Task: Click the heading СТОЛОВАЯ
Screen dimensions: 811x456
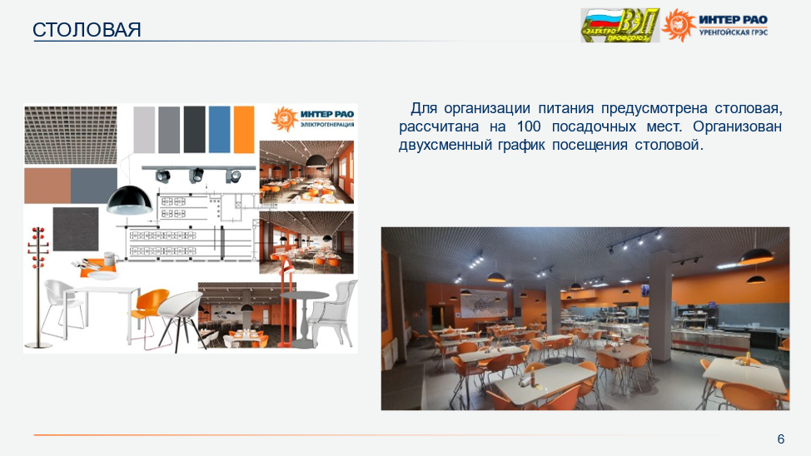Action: pyautogui.click(x=87, y=29)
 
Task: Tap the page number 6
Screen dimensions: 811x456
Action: pyautogui.click(x=781, y=439)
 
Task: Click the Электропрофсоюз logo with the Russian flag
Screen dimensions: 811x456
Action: pyautogui.click(x=619, y=25)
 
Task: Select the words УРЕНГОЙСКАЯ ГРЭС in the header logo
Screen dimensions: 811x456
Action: pyautogui.click(x=733, y=32)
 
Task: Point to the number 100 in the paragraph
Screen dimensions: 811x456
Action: pyautogui.click(x=529, y=126)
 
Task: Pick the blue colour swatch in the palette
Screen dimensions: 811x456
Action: pyautogui.click(x=219, y=129)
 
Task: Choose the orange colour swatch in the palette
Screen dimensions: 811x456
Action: pyautogui.click(x=244, y=129)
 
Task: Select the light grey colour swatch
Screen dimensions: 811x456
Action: pyautogui.click(x=144, y=129)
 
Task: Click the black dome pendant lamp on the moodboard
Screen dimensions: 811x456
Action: pyautogui.click(x=129, y=200)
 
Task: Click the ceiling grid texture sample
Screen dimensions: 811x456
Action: pyautogui.click(x=70, y=135)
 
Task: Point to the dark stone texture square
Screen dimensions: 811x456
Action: pyautogui.click(x=76, y=229)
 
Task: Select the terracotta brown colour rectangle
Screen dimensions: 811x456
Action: pyautogui.click(x=47, y=186)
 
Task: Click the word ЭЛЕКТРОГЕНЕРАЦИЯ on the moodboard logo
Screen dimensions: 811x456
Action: pyautogui.click(x=327, y=125)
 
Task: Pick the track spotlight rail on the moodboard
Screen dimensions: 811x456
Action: pyautogui.click(x=199, y=173)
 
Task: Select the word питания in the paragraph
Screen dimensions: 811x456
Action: pyautogui.click(x=565, y=108)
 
